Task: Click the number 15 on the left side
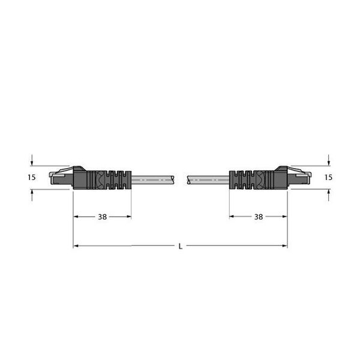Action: coord(32,177)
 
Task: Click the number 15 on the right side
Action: coord(328,177)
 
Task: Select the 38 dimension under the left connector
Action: coord(103,217)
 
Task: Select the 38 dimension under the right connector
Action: coord(259,217)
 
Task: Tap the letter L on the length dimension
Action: coord(181,247)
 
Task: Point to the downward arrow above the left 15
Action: coord(32,160)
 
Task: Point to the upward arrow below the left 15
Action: coord(32,195)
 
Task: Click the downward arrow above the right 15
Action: coord(329,160)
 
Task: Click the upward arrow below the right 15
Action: coord(329,195)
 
